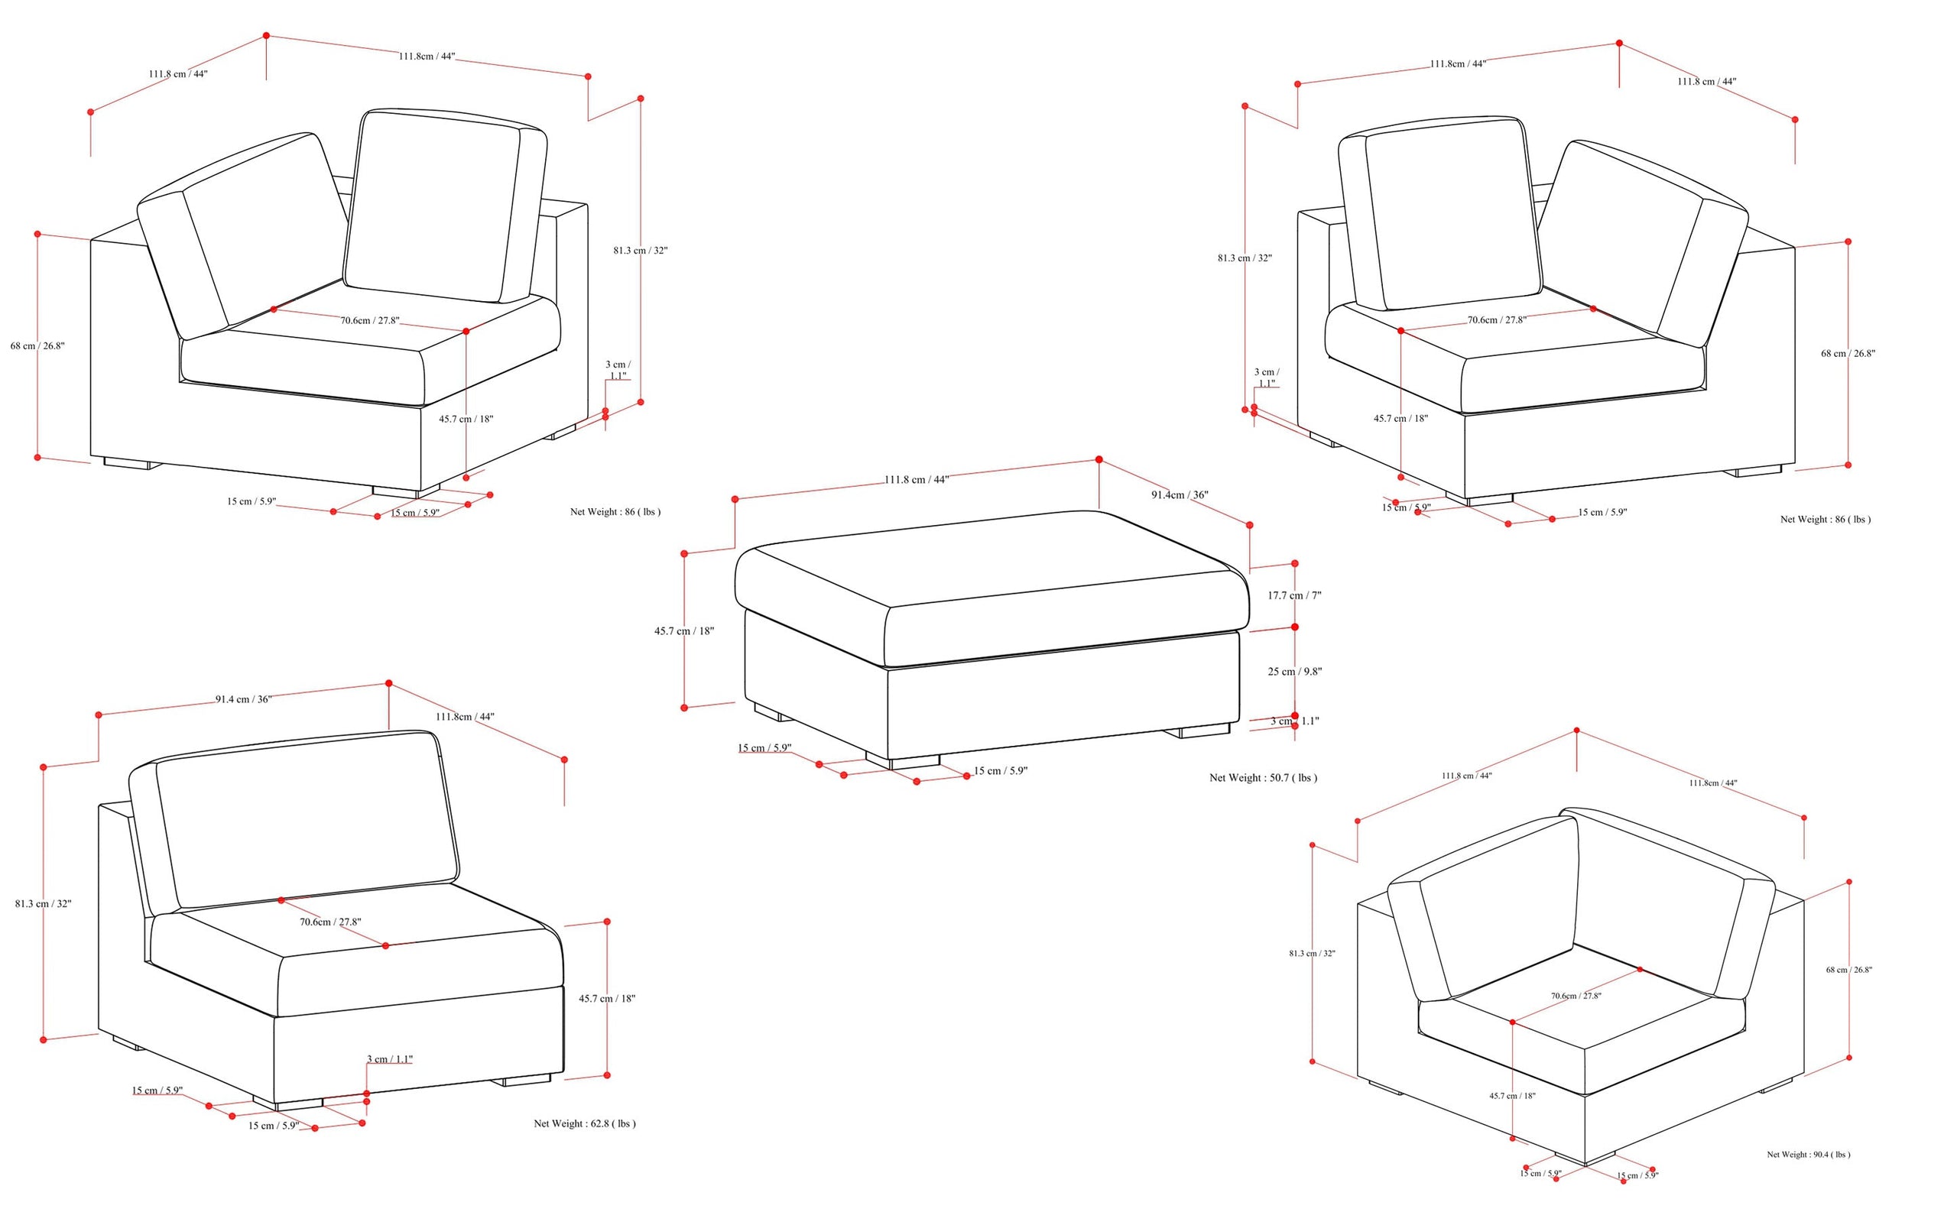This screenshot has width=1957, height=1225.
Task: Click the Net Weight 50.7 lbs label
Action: click(x=1263, y=778)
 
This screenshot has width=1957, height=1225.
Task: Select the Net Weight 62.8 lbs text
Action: click(x=584, y=1123)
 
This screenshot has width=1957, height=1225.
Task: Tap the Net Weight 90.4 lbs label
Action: click(x=1809, y=1155)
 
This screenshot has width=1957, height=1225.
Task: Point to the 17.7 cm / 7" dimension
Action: click(x=1294, y=595)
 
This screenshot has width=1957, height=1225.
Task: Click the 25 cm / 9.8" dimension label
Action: click(x=1295, y=672)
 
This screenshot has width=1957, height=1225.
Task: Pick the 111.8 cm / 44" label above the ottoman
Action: click(x=917, y=480)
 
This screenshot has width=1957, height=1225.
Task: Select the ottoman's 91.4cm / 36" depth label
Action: click(x=1180, y=495)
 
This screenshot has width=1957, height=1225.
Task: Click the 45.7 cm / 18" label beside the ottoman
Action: click(x=684, y=631)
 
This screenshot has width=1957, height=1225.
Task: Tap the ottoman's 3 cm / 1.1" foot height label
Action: click(x=1294, y=721)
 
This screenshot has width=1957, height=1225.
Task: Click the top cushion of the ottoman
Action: click(x=990, y=588)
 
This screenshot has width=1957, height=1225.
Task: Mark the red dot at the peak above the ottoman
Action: click(x=1099, y=459)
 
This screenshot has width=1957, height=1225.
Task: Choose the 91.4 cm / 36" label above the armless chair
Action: click(x=243, y=699)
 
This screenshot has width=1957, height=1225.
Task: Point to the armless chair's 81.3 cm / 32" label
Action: click(x=43, y=903)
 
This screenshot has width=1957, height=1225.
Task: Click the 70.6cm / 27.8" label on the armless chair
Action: click(x=329, y=922)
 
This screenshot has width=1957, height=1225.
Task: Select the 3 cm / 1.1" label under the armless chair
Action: click(x=390, y=1059)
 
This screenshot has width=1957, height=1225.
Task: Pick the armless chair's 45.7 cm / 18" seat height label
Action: click(x=607, y=999)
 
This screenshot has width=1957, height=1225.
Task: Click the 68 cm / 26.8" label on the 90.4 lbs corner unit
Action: click(x=1849, y=970)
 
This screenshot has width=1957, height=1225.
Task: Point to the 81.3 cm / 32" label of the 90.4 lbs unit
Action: click(x=1312, y=954)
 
